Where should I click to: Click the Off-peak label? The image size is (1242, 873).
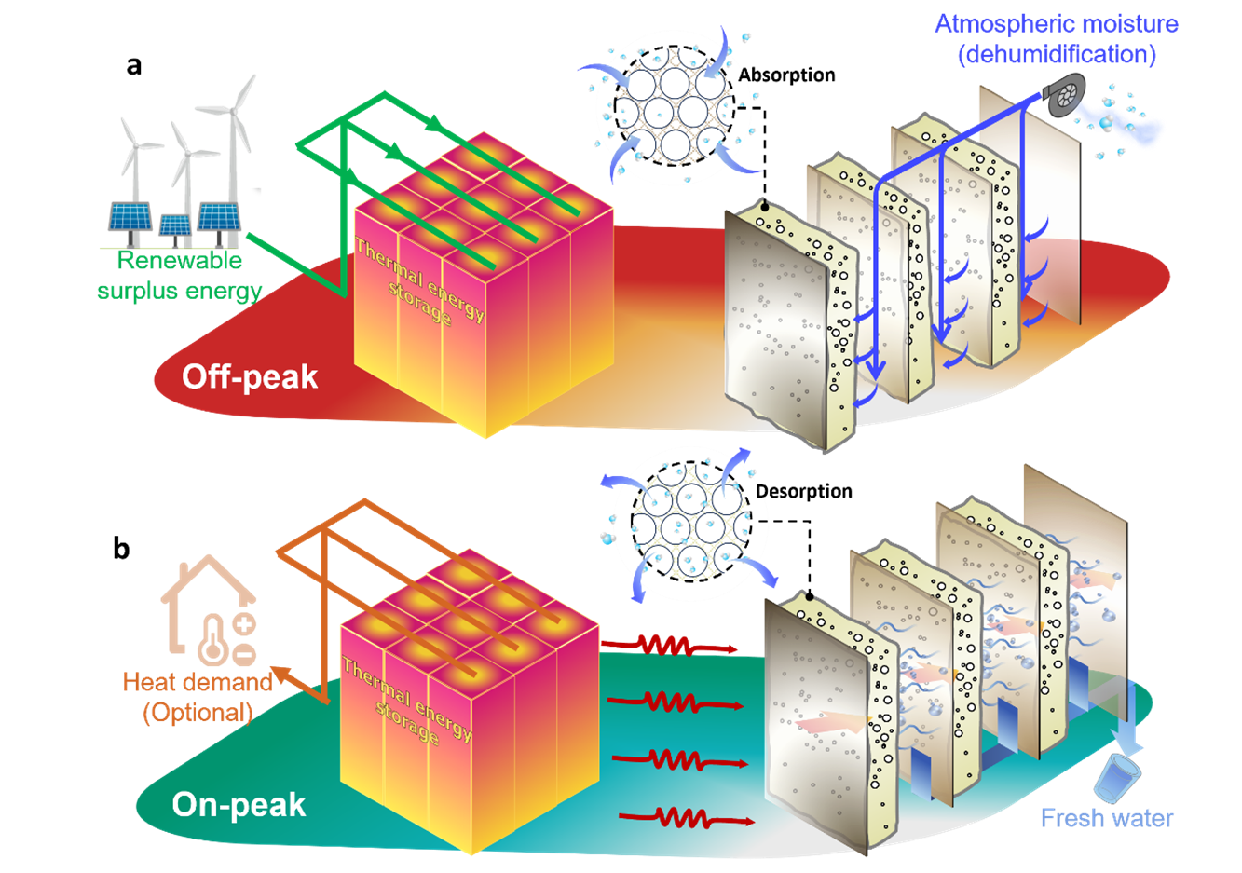(x=250, y=377)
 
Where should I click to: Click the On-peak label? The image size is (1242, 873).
(x=239, y=805)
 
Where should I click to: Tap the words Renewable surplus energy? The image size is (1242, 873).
(x=179, y=276)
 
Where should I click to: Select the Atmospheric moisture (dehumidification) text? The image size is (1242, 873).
(x=1057, y=39)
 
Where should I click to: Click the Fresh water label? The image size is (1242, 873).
(x=1107, y=818)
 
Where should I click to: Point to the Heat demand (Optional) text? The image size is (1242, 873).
(x=198, y=697)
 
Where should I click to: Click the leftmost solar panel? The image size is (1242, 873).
(x=130, y=217)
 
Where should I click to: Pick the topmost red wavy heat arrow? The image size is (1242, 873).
(x=669, y=645)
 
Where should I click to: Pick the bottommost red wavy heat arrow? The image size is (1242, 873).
(x=686, y=819)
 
